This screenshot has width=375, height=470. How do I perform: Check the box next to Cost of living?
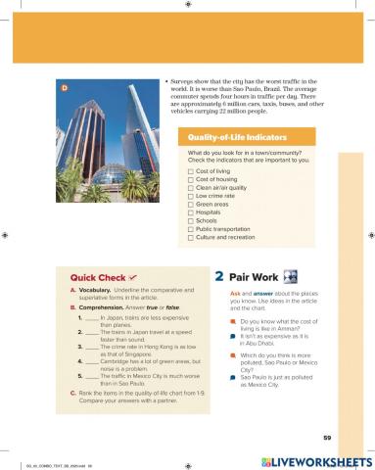pos(191,171)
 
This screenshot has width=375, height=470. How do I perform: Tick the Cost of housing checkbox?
pos(191,180)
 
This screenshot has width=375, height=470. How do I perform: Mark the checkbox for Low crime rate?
pos(191,197)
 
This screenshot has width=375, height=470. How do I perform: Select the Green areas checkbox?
pos(191,205)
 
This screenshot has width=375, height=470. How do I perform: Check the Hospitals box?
pos(191,212)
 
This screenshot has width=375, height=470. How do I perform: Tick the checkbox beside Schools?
pos(191,221)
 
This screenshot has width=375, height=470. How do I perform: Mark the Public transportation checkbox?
pos(191,229)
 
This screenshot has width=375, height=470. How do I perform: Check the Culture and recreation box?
pos(191,238)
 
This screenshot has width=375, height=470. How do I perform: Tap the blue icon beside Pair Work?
pos(291,278)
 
